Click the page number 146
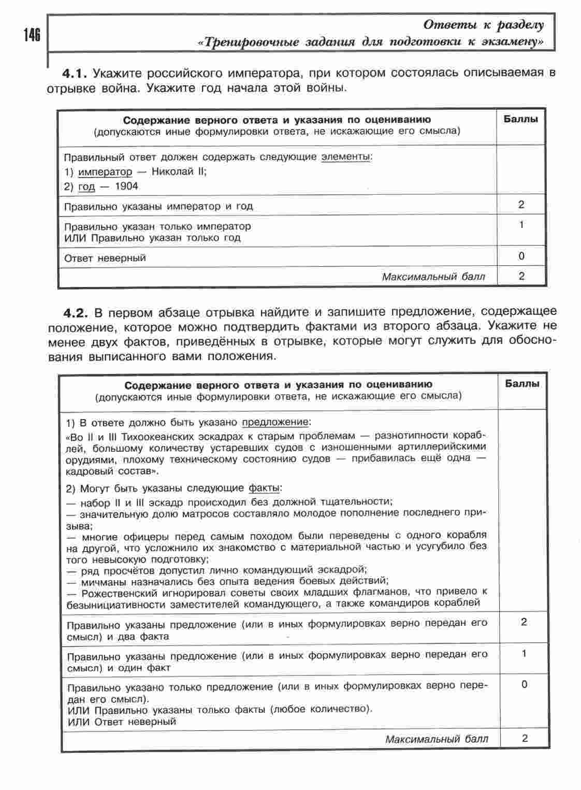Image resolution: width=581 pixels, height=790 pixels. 32,36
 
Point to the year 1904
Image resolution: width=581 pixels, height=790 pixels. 126,186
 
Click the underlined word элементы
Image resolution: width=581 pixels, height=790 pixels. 345,156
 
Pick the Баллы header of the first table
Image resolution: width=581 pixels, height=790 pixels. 520,119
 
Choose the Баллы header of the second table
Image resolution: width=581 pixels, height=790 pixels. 522,384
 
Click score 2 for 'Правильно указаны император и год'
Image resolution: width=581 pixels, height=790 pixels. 521,205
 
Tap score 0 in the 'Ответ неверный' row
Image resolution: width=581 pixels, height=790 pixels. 521,256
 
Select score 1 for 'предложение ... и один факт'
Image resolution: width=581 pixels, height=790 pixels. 524,654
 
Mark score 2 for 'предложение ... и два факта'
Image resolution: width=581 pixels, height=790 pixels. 524,622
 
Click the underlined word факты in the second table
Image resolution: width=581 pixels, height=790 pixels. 264,488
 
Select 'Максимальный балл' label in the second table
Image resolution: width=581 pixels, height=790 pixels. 436,739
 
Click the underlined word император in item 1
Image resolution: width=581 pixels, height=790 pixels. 105,171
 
